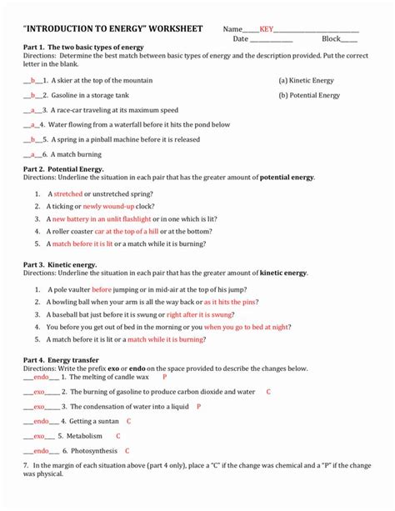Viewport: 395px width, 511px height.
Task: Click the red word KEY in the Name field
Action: [267, 29]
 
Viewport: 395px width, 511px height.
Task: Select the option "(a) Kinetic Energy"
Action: [307, 81]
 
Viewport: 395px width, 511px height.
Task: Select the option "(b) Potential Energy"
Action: [309, 95]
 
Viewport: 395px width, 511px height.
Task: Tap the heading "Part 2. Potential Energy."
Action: [63, 168]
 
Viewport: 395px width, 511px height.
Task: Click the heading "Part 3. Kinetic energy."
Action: [60, 264]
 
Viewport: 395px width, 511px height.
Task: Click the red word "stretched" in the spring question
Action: [68, 193]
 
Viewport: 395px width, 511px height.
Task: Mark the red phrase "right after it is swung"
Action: [200, 315]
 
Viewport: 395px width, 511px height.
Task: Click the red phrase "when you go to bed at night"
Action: [247, 328]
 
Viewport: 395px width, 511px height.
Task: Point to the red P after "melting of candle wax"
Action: [165, 378]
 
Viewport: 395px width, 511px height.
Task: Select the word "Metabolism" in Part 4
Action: [85, 436]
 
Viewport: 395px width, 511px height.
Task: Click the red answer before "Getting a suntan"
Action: [40, 421]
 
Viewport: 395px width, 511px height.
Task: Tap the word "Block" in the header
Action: [332, 39]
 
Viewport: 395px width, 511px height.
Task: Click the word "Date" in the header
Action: [241, 39]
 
